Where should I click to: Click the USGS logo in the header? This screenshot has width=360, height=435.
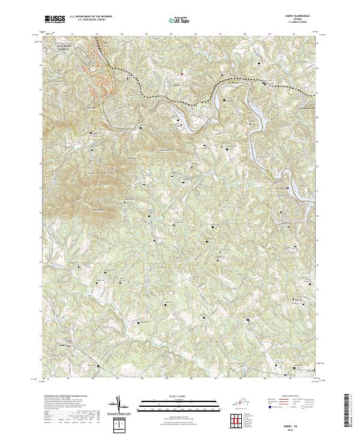(x=55, y=20)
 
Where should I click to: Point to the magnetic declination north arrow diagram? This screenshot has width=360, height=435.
(x=120, y=405)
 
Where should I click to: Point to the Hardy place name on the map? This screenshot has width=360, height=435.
(x=176, y=85)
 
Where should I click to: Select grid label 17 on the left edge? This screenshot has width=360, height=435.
(x=41, y=187)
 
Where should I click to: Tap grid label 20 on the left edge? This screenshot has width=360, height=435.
(x=41, y=114)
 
